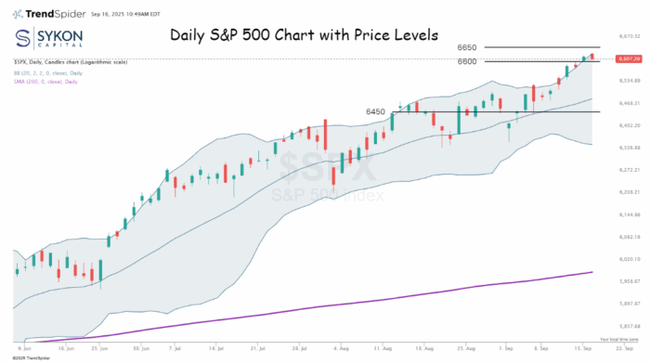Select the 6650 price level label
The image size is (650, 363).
pos(468,46)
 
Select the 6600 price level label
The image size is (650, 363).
pos(468,61)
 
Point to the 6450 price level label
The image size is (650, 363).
pos(375,111)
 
